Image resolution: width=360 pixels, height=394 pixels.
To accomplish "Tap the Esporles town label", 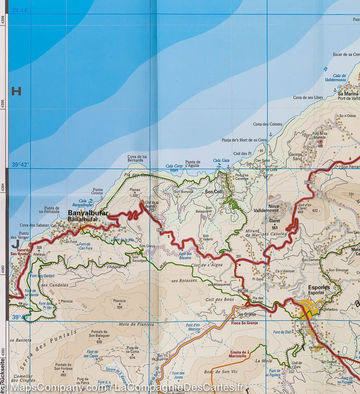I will point(319,287).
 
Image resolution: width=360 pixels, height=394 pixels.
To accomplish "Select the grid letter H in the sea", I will point(16,91).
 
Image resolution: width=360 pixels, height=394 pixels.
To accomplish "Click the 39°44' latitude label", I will point(20,10).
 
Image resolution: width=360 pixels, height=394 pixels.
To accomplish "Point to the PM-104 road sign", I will point(243,291).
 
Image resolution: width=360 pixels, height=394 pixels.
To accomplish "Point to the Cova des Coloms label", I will point(267,124).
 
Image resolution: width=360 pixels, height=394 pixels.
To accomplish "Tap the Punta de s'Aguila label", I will point(193,164).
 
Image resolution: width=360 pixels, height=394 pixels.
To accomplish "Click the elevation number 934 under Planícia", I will point(119,308).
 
